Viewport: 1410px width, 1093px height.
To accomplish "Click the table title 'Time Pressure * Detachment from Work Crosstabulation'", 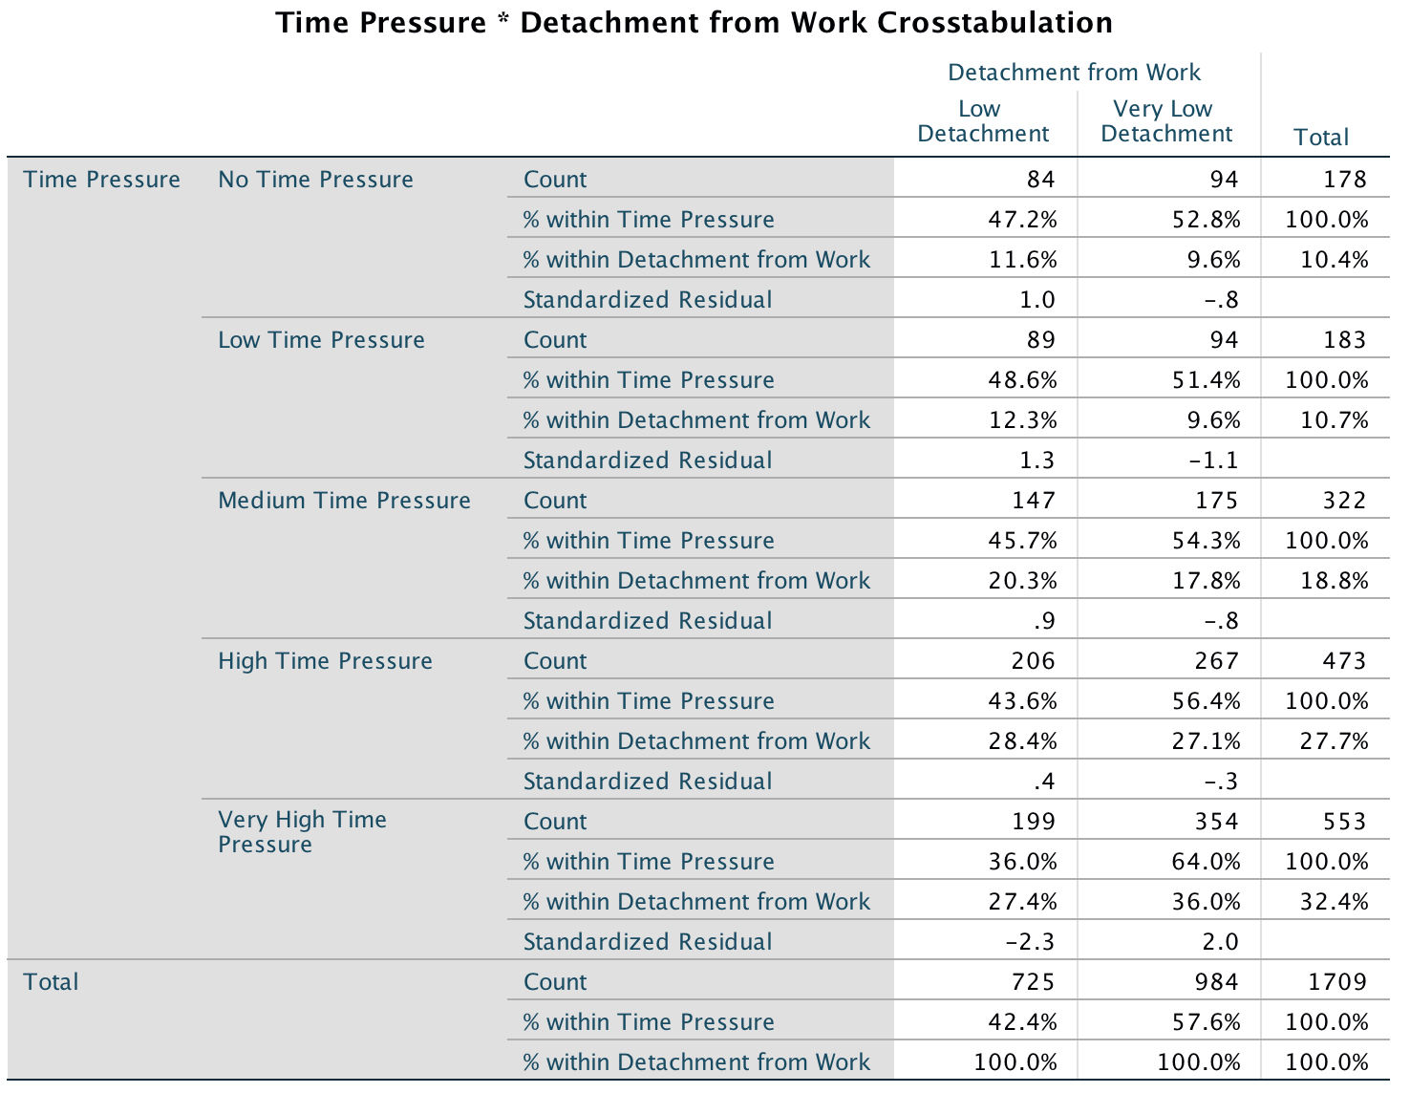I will point(694,23).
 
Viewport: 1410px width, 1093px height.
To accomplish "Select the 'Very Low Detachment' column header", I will point(1166,121).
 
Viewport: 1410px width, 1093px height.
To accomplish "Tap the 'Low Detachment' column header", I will point(983,121).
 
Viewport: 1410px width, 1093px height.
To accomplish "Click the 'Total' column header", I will point(1321,138).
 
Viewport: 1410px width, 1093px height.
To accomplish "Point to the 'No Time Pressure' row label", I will point(315,180).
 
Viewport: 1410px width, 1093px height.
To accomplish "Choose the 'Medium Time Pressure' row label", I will point(344,501).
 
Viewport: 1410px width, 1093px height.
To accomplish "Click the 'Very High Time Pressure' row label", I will point(302,832).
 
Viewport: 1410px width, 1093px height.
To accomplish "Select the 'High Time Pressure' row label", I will point(325,661).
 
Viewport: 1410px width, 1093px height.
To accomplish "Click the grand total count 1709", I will point(1337,982).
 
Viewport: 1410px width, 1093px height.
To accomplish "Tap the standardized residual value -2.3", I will point(1030,942).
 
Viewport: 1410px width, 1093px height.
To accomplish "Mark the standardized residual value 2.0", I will point(1220,942).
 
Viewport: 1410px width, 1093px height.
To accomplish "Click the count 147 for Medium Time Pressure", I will point(1034,501).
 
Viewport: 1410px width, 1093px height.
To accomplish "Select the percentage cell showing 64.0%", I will point(1206,862).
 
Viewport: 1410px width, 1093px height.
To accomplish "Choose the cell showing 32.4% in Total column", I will point(1335,902).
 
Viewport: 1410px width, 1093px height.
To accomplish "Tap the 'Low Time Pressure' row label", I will point(321,340).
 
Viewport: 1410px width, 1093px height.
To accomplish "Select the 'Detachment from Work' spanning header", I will point(1074,73).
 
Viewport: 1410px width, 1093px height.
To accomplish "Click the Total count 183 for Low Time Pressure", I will point(1345,340).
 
